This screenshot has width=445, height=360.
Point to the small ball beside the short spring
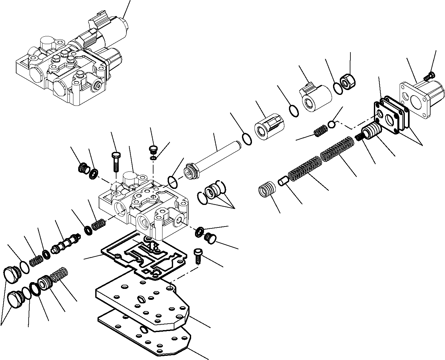click(x=332, y=124)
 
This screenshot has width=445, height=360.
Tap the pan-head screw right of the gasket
click(x=197, y=256)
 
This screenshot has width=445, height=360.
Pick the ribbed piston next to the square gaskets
click(x=373, y=132)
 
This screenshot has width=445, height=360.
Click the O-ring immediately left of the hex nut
click(x=338, y=88)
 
